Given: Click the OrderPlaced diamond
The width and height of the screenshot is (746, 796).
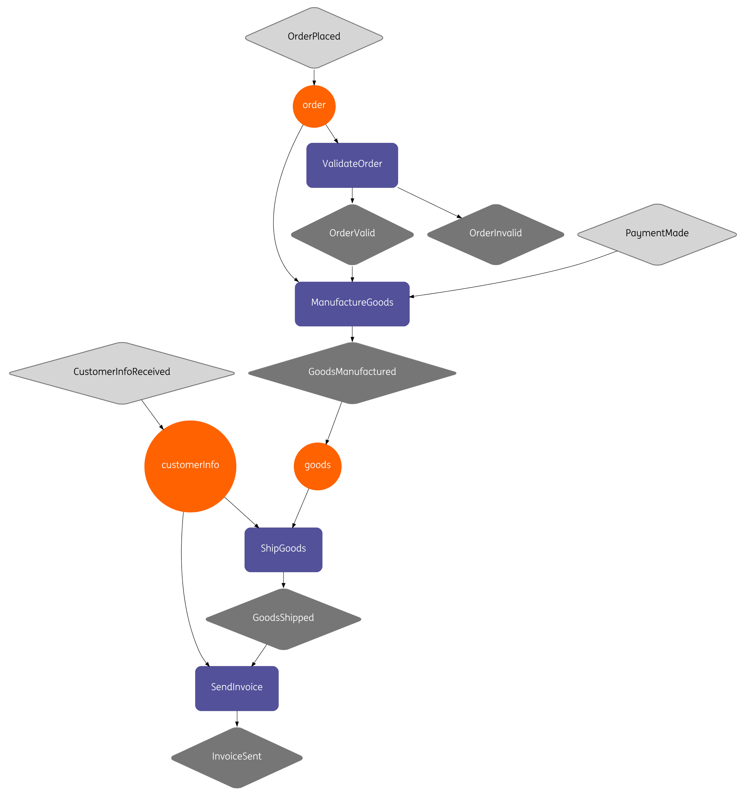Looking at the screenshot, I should click(x=314, y=37).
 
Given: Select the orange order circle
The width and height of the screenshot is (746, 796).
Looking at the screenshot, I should click(x=314, y=106).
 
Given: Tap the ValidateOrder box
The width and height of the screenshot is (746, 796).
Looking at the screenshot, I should click(x=352, y=165).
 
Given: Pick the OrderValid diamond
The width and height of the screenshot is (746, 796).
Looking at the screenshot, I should click(x=352, y=234).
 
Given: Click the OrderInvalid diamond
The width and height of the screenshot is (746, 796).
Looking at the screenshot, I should click(x=495, y=234).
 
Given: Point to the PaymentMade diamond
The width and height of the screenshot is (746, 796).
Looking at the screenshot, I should click(x=657, y=234).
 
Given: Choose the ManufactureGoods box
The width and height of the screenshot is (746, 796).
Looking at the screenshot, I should click(x=352, y=303).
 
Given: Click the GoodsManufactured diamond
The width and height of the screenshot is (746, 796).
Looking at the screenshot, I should click(x=352, y=373).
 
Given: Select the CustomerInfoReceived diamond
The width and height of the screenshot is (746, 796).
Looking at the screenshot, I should click(x=122, y=373).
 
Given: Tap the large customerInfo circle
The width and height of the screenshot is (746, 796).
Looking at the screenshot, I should click(x=190, y=466).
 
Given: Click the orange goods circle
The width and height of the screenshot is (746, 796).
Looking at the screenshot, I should click(x=318, y=466).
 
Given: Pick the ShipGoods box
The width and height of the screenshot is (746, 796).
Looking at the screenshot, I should click(x=283, y=549).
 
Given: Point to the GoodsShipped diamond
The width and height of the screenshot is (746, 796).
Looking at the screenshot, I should click(x=283, y=619).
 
